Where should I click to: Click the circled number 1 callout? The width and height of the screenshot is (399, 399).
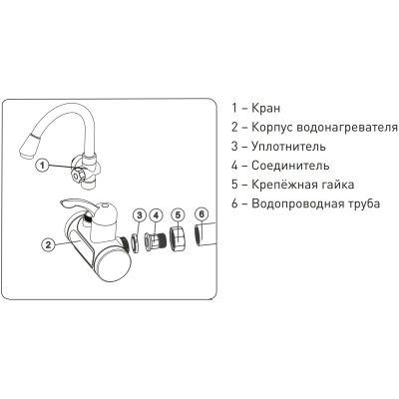pos(42,165)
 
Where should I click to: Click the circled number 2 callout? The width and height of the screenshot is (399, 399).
pos(48,245)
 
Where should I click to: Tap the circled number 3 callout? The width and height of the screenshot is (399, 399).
pos(140,215)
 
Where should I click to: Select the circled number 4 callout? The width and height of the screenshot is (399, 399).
pos(156,215)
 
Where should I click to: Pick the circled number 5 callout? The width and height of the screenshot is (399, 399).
pos(178,215)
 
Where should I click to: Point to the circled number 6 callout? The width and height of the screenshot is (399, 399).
pos(201,214)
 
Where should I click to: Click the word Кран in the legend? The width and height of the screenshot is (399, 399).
pos(265,108)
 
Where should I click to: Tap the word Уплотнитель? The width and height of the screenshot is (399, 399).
pos(288,147)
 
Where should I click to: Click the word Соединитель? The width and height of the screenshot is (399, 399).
pos(290,166)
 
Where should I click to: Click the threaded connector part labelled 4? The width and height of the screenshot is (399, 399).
pos(156,241)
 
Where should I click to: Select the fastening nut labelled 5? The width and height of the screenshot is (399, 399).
pos(178,238)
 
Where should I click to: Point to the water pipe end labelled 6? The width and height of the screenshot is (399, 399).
pos(205,234)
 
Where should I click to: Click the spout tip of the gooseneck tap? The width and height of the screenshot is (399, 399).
pos(27,149)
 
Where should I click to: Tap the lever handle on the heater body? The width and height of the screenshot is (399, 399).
pos(78,204)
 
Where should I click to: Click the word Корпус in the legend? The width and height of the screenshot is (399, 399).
pos(271,128)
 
